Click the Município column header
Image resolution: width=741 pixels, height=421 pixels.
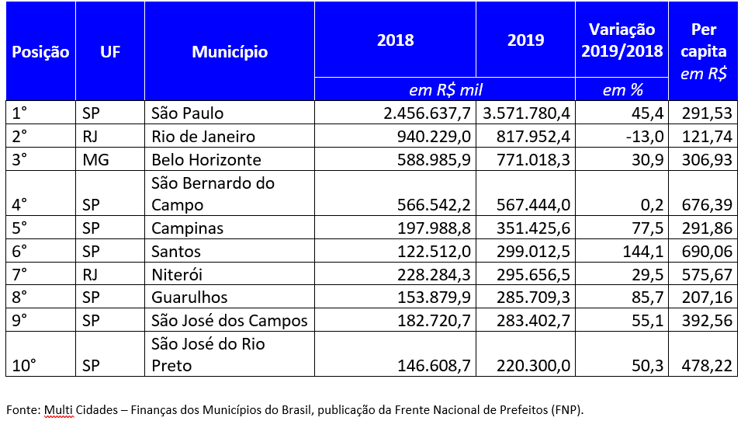[x=230, y=52]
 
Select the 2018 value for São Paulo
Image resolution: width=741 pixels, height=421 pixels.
[x=428, y=113]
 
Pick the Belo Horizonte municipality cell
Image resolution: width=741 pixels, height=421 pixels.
[x=206, y=160]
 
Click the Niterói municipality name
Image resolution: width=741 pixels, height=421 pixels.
[x=179, y=275]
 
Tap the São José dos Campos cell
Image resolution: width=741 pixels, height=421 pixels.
[x=230, y=321]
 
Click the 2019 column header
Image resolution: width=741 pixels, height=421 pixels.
[x=526, y=40]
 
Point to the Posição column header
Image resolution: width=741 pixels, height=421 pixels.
[x=40, y=52]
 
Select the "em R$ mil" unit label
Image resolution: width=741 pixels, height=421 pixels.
[x=445, y=89]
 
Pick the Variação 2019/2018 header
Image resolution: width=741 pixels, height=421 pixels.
[x=622, y=40]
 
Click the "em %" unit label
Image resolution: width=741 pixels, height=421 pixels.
[x=623, y=90]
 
